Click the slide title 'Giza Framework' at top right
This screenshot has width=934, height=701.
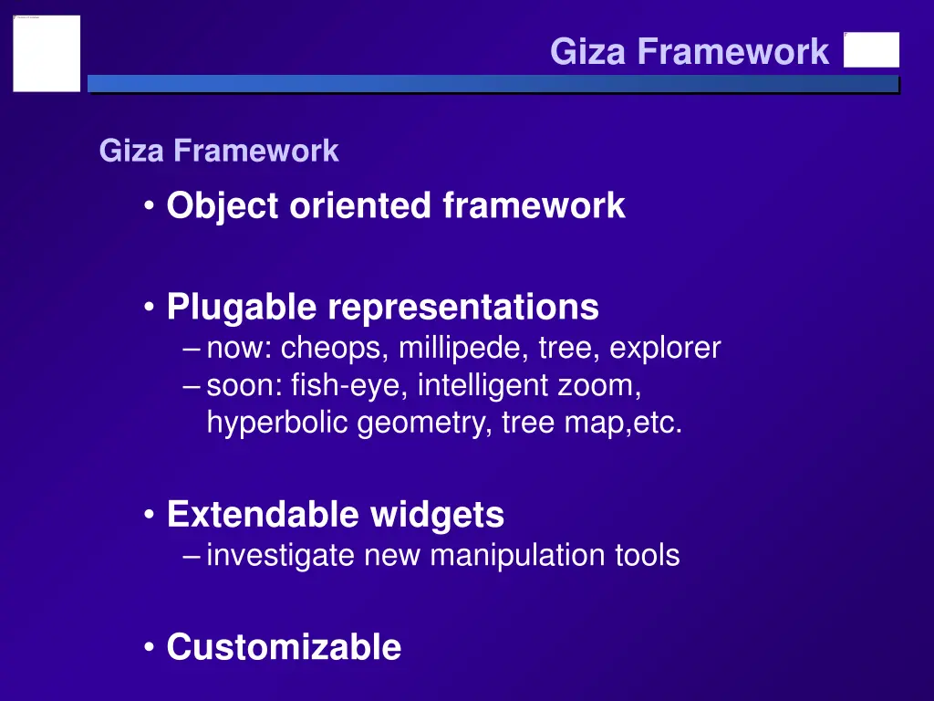690,51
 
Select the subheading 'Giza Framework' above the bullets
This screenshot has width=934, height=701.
219,151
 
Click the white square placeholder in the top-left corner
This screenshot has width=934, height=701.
47,53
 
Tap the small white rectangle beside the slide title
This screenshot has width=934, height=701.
871,50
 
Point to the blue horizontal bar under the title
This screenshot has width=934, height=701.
493,84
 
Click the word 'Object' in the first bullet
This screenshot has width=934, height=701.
223,206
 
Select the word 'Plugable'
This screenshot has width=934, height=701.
242,308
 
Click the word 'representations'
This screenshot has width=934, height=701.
463,308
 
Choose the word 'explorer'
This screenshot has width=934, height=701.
665,349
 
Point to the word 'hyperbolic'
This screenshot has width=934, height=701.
278,424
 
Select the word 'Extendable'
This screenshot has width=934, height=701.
264,515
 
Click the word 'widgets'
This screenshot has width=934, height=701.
437,515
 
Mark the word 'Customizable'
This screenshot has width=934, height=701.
284,647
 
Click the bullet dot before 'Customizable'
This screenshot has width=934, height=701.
149,648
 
